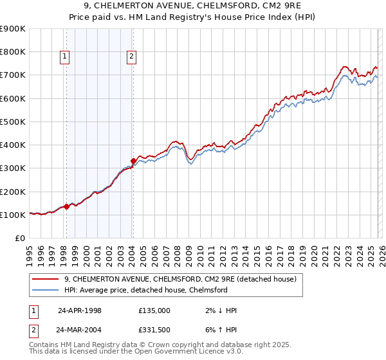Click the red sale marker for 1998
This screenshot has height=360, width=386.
tap(66, 207)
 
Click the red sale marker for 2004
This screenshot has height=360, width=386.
tap(133, 161)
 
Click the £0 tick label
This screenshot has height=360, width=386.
tap(19, 239)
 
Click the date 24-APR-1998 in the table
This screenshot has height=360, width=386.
tap(80, 310)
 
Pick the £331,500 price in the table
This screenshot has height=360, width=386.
tap(154, 329)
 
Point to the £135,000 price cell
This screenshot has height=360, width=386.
tap(154, 310)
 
